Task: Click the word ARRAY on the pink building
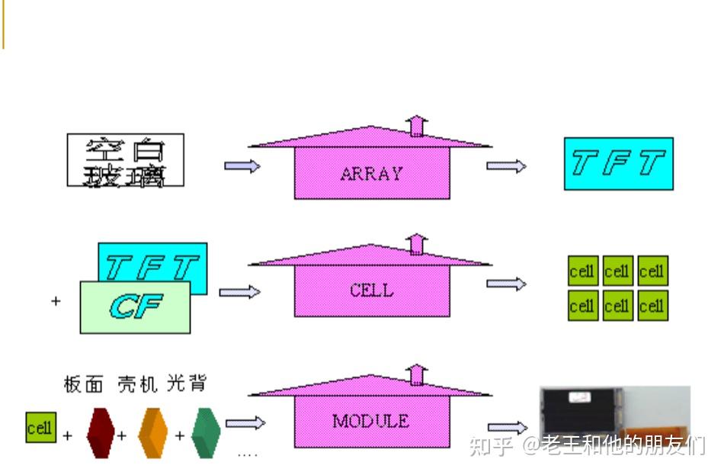pyautogui.click(x=371, y=174)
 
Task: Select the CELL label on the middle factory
pyautogui.click(x=371, y=290)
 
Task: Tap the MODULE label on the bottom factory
pyautogui.click(x=370, y=421)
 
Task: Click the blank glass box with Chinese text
pyautogui.click(x=126, y=161)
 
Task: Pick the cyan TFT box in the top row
pyautogui.click(x=618, y=163)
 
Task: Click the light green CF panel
pyautogui.click(x=135, y=307)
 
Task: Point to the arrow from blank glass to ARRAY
pyautogui.click(x=242, y=165)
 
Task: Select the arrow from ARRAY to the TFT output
pyautogui.click(x=506, y=165)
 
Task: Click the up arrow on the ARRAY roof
pyautogui.click(x=416, y=125)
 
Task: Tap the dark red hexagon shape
pyautogui.click(x=100, y=433)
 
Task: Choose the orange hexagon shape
pyautogui.click(x=152, y=433)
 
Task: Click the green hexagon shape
pyautogui.click(x=206, y=433)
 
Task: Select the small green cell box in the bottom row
pyautogui.click(x=40, y=428)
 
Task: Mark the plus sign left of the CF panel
pyautogui.click(x=56, y=301)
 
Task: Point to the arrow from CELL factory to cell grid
pyautogui.click(x=506, y=284)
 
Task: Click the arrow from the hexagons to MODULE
pyautogui.click(x=245, y=422)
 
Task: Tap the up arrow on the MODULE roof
pyautogui.click(x=416, y=374)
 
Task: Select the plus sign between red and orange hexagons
pyautogui.click(x=121, y=436)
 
